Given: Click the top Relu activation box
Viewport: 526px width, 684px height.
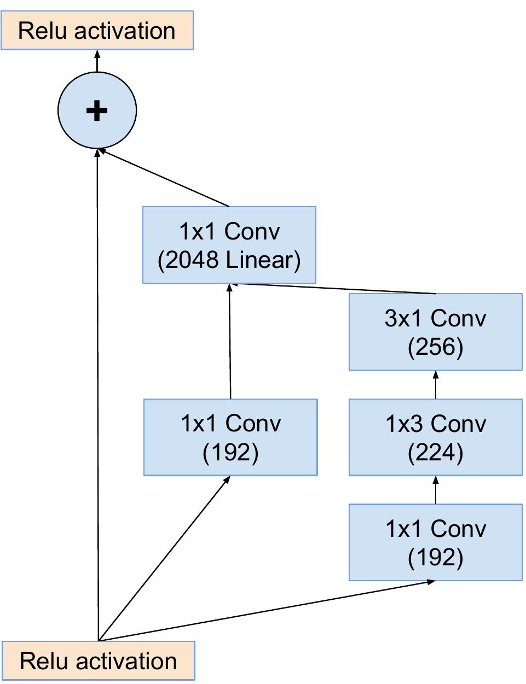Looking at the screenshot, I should coord(97,31).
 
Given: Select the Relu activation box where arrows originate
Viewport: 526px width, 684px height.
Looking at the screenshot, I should coord(99,660).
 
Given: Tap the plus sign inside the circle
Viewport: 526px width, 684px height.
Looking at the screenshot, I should coord(97,111).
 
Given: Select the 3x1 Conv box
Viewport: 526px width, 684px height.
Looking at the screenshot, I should coord(436,332).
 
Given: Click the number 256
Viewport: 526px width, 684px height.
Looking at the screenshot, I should coord(436,347).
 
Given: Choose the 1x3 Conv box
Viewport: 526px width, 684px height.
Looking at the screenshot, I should coord(436,437).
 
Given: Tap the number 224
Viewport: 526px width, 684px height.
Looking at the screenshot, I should coord(436,452).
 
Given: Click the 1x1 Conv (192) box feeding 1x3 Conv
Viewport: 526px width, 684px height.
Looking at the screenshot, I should coord(436,542).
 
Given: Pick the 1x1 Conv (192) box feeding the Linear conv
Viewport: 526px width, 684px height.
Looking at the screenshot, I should coord(230,437).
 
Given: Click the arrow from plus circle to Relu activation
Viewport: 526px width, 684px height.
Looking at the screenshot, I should coord(97,61).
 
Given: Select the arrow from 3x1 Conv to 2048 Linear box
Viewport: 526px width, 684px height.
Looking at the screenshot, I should coord(334,288).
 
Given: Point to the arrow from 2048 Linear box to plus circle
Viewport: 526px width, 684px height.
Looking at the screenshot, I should coord(164,178).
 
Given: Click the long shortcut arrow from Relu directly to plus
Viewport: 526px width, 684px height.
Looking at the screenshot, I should coord(97,394).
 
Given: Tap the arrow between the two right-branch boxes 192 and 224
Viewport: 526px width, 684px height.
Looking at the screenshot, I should coord(436,490).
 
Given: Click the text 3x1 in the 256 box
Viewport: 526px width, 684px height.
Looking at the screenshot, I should coord(406,318).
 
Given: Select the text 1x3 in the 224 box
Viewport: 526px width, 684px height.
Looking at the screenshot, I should coord(406,424).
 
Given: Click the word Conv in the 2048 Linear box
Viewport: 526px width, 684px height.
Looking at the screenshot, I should coord(252,231).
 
